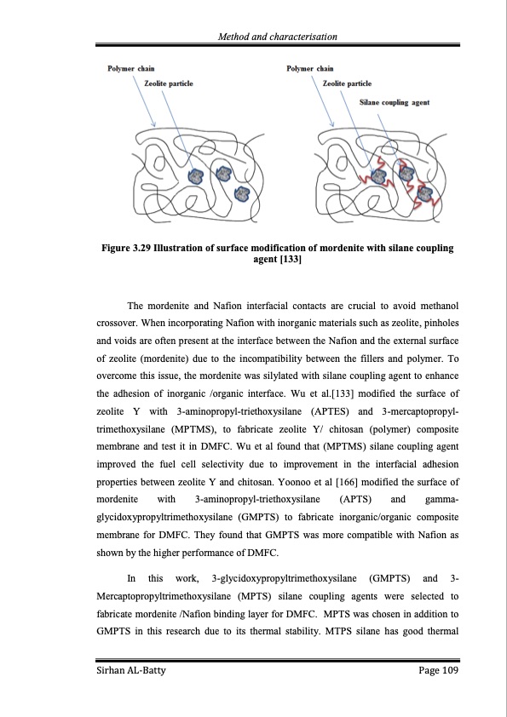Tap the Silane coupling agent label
click(395, 101)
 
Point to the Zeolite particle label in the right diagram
click(348, 83)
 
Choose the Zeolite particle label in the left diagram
click(169, 83)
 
